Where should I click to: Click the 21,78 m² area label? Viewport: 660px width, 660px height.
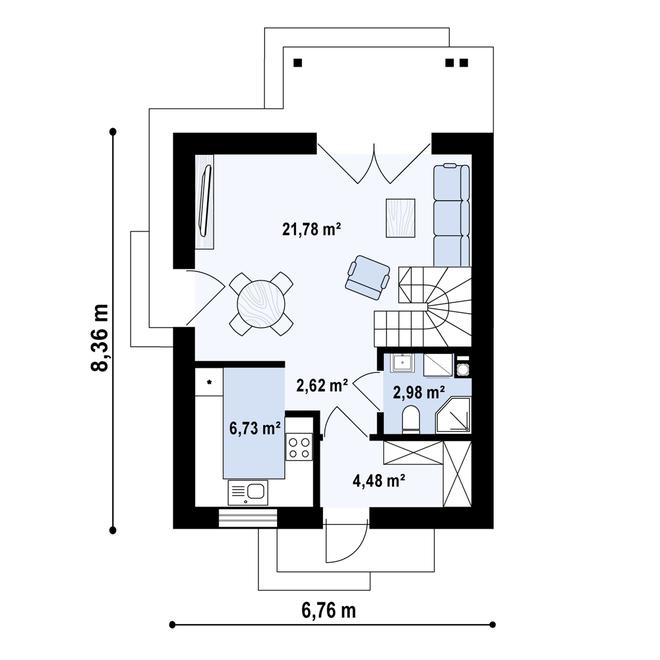point(312,229)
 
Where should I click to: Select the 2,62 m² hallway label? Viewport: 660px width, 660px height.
point(321,382)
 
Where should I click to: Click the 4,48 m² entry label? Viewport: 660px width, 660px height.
point(379,479)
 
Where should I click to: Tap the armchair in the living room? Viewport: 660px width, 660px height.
point(367,274)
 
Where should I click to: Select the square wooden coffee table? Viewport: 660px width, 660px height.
point(401,218)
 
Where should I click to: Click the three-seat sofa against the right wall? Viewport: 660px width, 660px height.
point(451,212)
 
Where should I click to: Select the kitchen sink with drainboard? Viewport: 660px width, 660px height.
point(248,491)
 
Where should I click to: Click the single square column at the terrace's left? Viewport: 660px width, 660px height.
point(297,62)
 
